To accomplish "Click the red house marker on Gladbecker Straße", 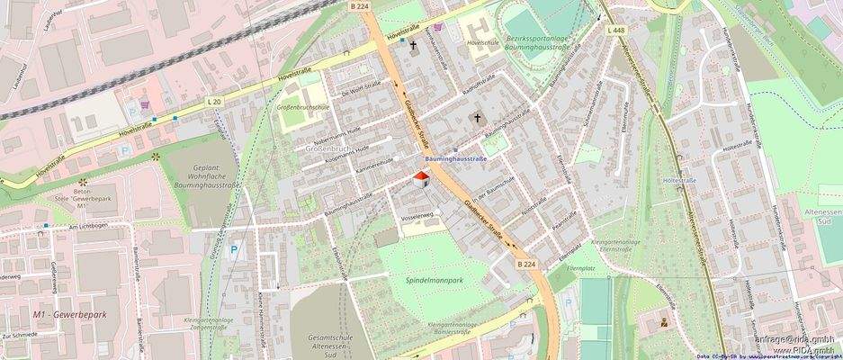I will (x=420, y=178).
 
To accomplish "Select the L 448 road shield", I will (x=615, y=30).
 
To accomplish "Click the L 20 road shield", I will (x=213, y=102).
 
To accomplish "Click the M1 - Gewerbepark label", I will (x=69, y=314).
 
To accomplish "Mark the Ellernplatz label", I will (x=581, y=268).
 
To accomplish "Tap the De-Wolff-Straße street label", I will (x=361, y=88).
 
